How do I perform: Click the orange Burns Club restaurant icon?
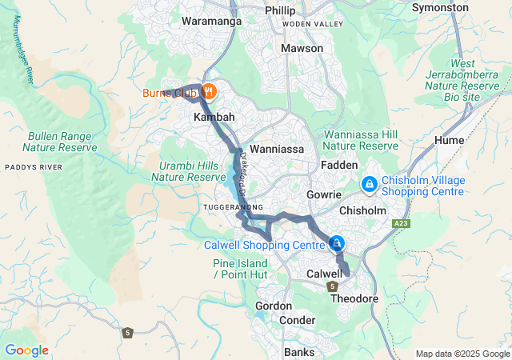tap(208, 91)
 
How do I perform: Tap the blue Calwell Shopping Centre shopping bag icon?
tap(337, 243)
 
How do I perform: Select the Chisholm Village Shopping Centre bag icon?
tap(369, 185)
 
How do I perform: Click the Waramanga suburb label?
tap(212, 22)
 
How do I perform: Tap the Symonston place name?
tap(440, 7)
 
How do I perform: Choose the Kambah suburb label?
tap(214, 117)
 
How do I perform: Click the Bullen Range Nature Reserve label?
tap(61, 142)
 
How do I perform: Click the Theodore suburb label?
tap(354, 298)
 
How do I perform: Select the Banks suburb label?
tap(299, 352)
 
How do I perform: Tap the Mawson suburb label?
tap(302, 48)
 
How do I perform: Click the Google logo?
tap(26, 350)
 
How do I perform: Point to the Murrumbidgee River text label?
tap(22, 52)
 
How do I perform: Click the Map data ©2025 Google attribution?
tap(462, 354)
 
